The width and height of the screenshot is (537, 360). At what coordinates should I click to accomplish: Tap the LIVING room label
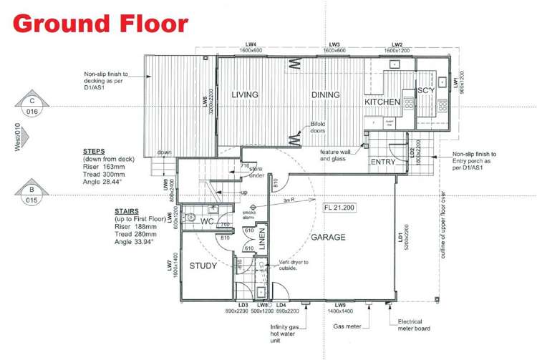pos(244,94)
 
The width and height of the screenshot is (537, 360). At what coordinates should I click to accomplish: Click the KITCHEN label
pos(382,102)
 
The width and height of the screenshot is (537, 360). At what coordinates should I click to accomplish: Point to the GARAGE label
pos(328,237)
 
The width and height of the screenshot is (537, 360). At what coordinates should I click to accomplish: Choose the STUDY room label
pos(203,266)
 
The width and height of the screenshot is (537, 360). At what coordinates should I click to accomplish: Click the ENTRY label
pos(383,162)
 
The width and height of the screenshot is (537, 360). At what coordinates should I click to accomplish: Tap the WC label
pos(208,221)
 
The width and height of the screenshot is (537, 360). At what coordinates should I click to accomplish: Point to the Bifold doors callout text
pos(318,127)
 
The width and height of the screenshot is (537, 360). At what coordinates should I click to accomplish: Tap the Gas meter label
pos(347,325)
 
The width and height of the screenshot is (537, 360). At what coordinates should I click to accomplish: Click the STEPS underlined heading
pos(94,152)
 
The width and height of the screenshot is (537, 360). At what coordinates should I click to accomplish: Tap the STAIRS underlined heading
pos(127,212)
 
